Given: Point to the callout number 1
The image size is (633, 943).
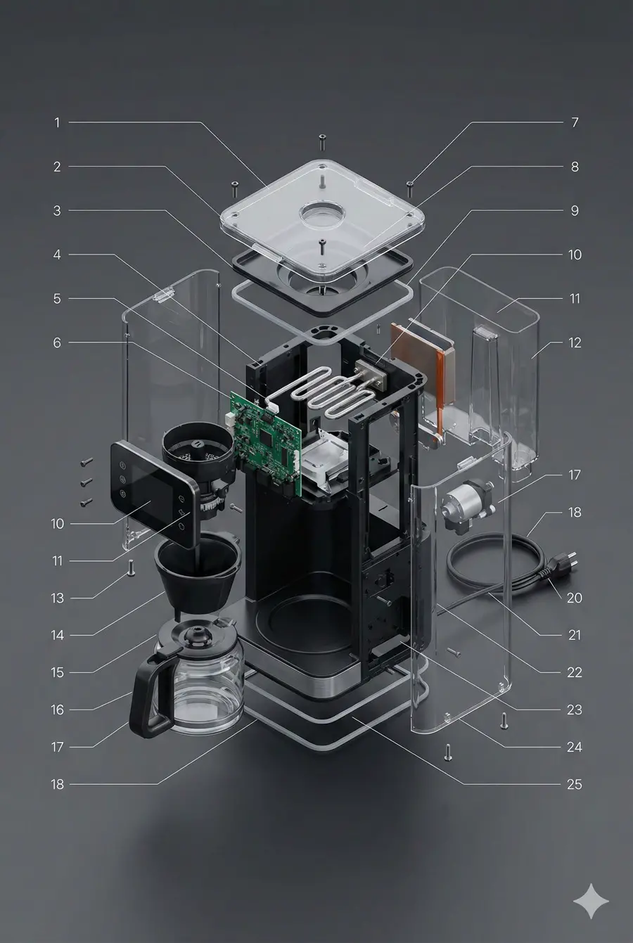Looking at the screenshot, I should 57,122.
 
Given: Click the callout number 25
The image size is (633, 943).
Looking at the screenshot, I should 574,784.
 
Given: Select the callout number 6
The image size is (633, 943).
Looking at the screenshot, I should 57,343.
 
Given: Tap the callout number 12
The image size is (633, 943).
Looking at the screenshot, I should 575,343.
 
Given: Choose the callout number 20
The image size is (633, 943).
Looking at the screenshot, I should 574,598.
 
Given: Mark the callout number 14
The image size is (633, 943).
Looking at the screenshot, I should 57,635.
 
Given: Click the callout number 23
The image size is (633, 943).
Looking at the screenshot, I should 574,710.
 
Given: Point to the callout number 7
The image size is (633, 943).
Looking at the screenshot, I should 575,122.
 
